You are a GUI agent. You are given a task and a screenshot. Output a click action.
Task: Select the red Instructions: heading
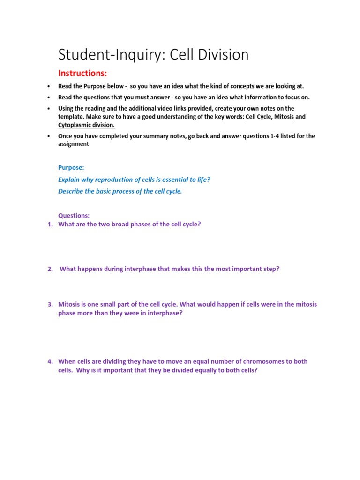pyautogui.click(x=82, y=73)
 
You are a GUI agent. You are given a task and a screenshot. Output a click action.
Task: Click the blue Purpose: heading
pyautogui.click(x=71, y=167)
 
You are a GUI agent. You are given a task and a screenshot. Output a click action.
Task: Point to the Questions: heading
pyautogui.click(x=74, y=216)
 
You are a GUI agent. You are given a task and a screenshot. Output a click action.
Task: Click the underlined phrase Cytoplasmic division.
pyautogui.click(x=86, y=125)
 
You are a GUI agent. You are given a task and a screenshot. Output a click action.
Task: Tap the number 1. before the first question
pyautogui.click(x=50, y=224)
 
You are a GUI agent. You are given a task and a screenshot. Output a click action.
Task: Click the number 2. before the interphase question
pyautogui.click(x=50, y=269)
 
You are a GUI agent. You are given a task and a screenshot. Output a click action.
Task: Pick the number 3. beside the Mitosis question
pyautogui.click(x=50, y=305)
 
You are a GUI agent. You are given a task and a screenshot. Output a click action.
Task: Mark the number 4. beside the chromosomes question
pyautogui.click(x=50, y=362)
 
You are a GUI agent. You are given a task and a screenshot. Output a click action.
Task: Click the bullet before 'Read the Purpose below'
pyautogui.click(x=49, y=87)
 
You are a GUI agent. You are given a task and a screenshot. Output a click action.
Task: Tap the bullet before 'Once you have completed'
pyautogui.click(x=49, y=136)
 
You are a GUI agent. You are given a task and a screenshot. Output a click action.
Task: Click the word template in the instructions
pyautogui.click(x=71, y=117)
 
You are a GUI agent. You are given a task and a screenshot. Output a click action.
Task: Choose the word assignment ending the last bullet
pyautogui.click(x=73, y=144)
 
